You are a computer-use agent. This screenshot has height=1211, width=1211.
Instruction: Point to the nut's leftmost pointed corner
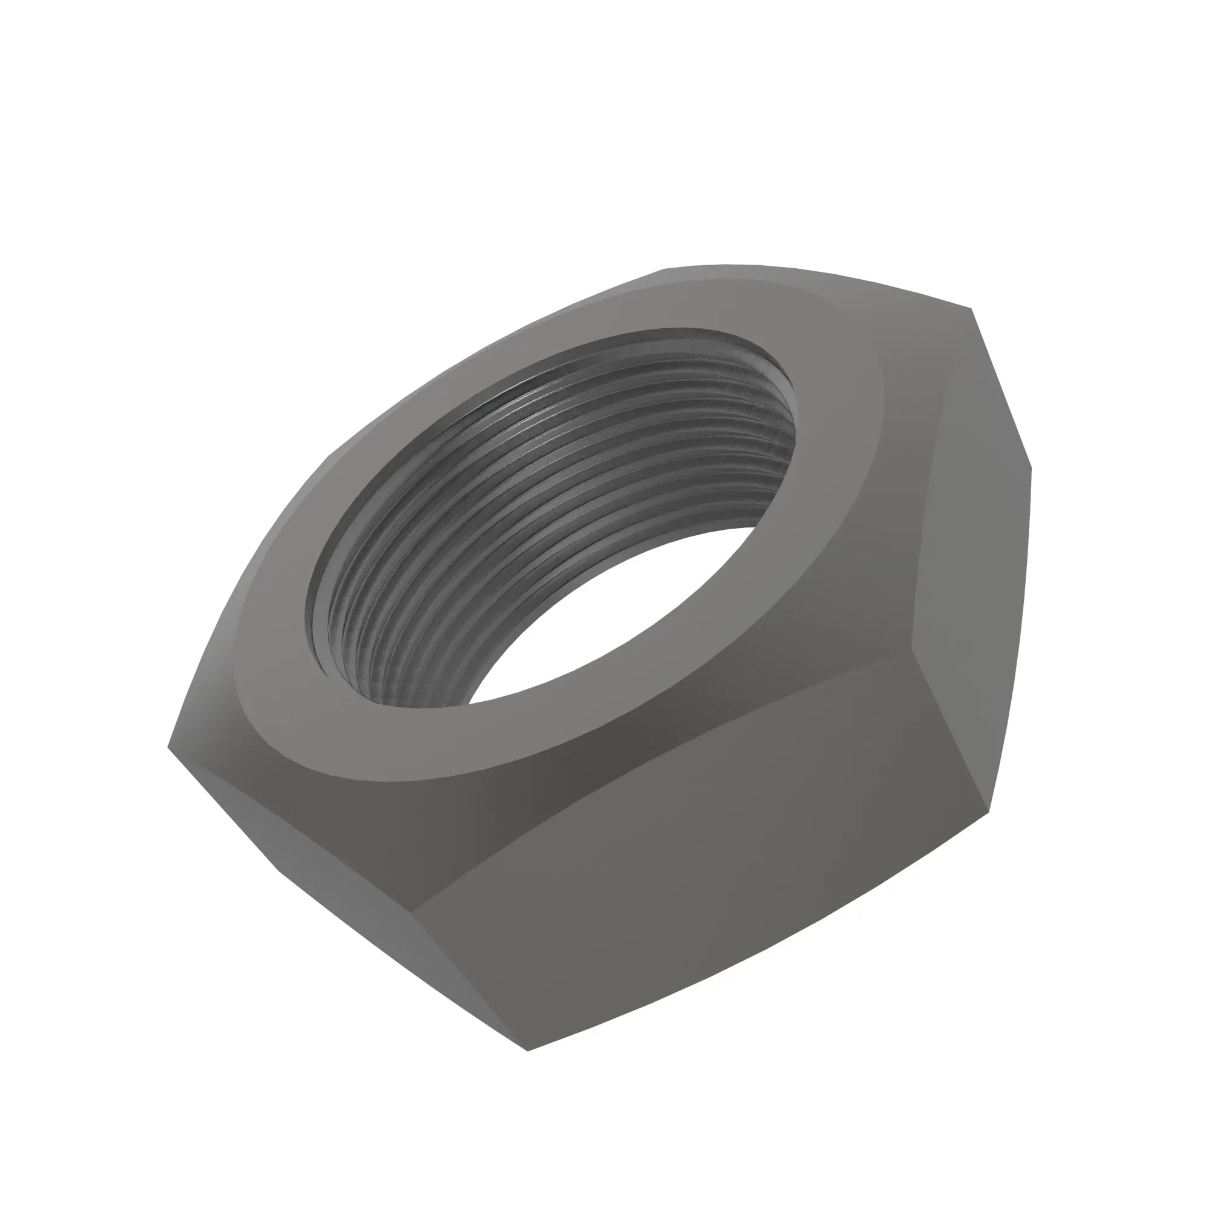click(170, 747)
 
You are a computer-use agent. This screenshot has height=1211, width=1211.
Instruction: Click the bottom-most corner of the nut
click(529, 1051)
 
